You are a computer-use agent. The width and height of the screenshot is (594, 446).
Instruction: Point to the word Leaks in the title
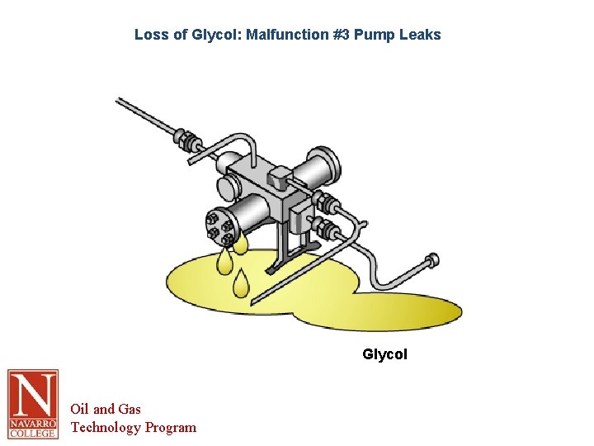[421, 35]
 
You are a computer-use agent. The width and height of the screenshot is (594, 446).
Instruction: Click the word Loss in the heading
[150, 35]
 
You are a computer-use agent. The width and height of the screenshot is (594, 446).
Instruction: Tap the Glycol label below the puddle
[384, 354]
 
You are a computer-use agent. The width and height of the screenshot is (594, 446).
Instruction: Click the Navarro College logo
[33, 404]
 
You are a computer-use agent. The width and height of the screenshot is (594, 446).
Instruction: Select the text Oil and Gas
[106, 409]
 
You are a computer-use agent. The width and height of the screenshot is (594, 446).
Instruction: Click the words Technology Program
[134, 427]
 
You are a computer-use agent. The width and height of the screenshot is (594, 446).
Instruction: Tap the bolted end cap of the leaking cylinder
[216, 229]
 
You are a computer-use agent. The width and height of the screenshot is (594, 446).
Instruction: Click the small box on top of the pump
[279, 176]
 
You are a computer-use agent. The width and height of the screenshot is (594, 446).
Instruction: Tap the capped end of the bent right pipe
[431, 264]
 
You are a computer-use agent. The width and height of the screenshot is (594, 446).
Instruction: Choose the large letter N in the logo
[33, 395]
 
